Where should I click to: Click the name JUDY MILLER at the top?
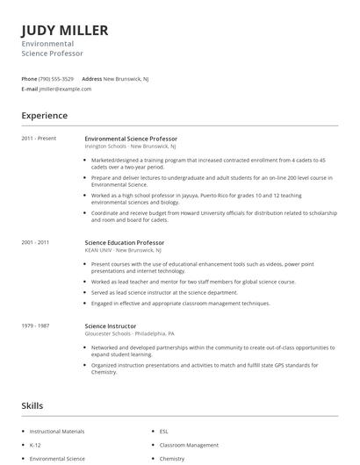pos(65,31)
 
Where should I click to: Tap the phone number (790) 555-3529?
pos(57,79)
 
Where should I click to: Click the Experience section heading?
pos(45,116)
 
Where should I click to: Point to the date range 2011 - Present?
pos(39,139)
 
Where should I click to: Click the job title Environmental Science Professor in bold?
pos(131,139)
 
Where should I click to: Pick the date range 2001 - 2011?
pos(35,242)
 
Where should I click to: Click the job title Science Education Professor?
pos(124,242)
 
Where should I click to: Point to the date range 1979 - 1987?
pos(35,325)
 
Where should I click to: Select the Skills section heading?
pos(32,406)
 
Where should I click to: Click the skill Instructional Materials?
pos(57,432)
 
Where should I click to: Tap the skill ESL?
pos(164,432)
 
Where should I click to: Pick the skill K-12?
pos(36,445)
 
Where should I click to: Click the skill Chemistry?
pos(172,458)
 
